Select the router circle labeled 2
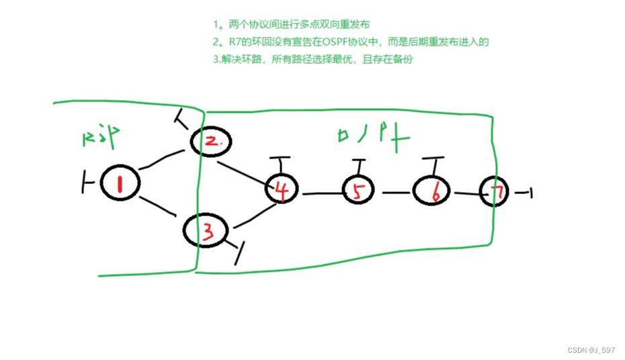(210, 141)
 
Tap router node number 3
(207, 232)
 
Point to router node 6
(433, 192)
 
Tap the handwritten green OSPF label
(372, 135)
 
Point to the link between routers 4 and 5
(323, 194)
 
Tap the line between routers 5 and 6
(397, 192)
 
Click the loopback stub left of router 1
(87, 182)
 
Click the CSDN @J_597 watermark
(591, 350)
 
